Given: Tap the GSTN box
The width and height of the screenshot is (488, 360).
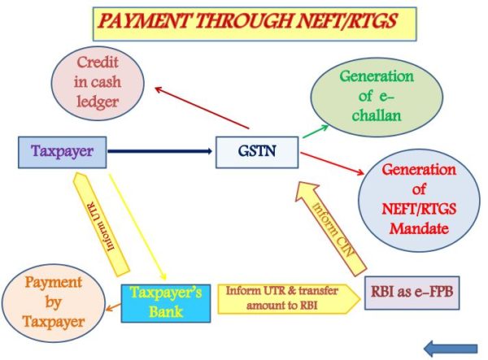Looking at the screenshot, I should pyautogui.click(x=251, y=152).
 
